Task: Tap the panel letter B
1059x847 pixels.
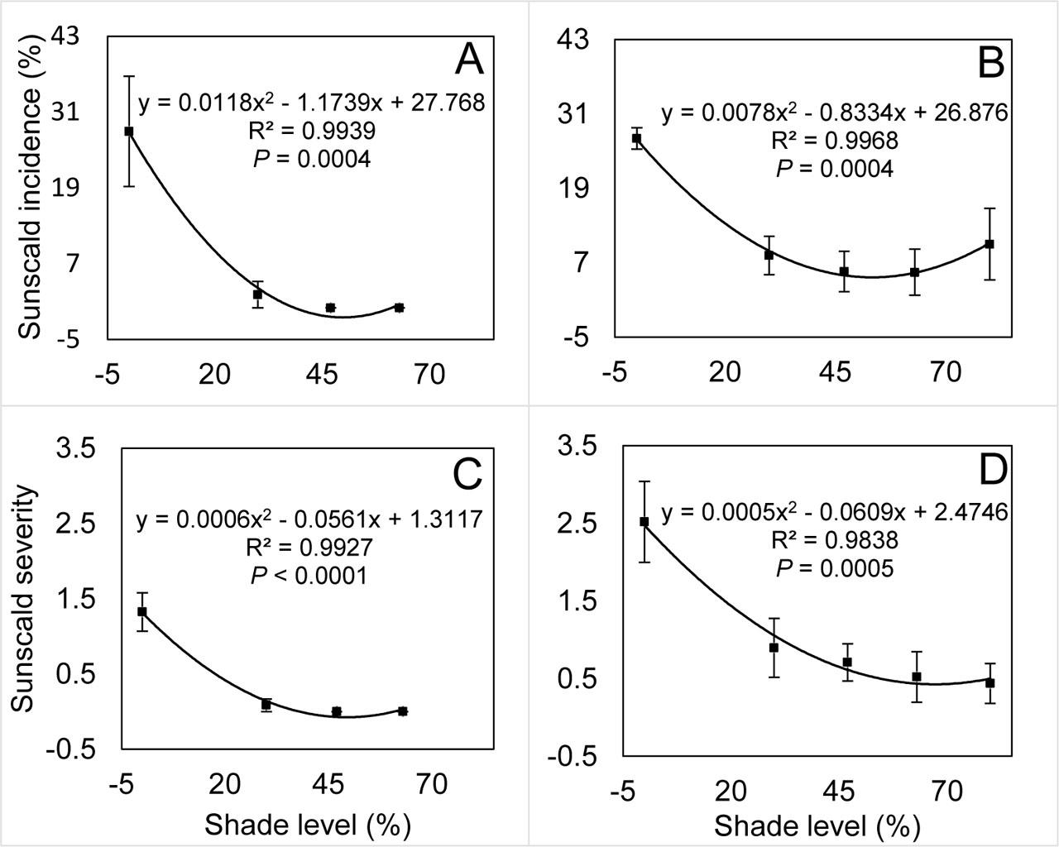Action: (990, 63)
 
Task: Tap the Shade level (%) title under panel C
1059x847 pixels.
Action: (308, 825)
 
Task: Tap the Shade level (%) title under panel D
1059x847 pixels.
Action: (817, 825)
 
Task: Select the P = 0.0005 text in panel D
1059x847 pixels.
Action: (835, 568)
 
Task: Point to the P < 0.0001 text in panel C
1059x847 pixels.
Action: (309, 575)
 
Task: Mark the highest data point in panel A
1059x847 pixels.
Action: (129, 132)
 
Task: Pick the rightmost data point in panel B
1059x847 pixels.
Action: (989, 244)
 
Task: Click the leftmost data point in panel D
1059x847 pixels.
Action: (644, 522)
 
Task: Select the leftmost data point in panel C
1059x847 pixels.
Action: (142, 611)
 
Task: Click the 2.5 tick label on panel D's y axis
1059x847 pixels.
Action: (577, 524)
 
